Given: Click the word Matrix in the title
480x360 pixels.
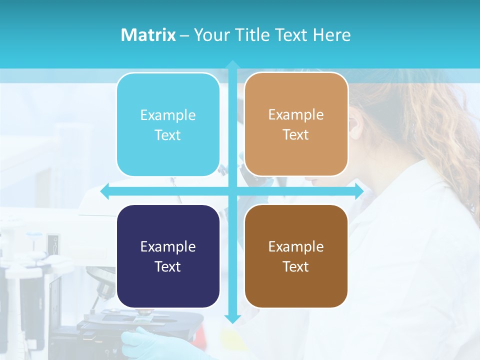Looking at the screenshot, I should (x=148, y=35).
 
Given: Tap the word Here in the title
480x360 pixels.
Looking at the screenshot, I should (x=331, y=35).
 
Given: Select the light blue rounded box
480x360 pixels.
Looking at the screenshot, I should (x=168, y=124).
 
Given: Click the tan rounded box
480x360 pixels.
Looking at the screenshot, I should (x=296, y=124).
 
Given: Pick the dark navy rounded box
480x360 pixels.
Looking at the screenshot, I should (x=168, y=256).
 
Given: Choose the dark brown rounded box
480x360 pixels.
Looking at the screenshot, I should (x=296, y=256).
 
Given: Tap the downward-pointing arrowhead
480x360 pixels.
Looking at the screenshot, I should (x=232, y=318).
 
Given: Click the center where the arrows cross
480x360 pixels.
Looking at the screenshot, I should (x=232, y=191).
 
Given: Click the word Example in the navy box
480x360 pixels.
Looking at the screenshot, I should (x=168, y=246).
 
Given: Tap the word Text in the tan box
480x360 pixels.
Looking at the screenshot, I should (x=296, y=135).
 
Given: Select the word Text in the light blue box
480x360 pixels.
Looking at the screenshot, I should (x=168, y=135).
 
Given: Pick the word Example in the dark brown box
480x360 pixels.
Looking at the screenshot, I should (x=296, y=246).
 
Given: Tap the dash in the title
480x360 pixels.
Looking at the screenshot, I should (x=184, y=35).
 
